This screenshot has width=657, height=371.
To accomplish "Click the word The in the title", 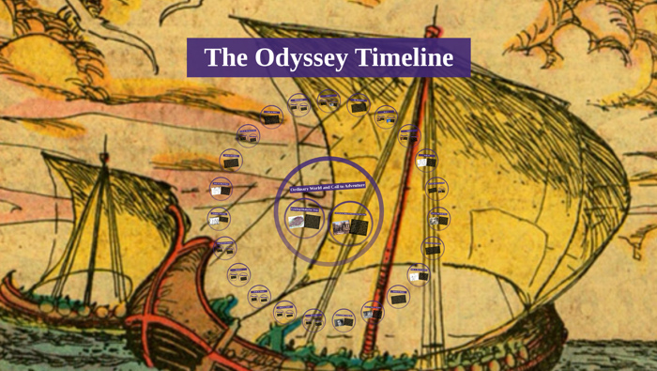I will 222,58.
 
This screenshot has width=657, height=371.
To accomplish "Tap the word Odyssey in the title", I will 296,58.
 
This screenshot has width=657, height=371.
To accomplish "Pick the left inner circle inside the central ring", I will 306,221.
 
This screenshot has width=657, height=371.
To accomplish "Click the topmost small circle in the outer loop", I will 328,100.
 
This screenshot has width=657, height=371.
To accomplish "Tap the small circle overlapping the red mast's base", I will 373,313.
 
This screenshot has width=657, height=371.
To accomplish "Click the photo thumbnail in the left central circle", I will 297,223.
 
